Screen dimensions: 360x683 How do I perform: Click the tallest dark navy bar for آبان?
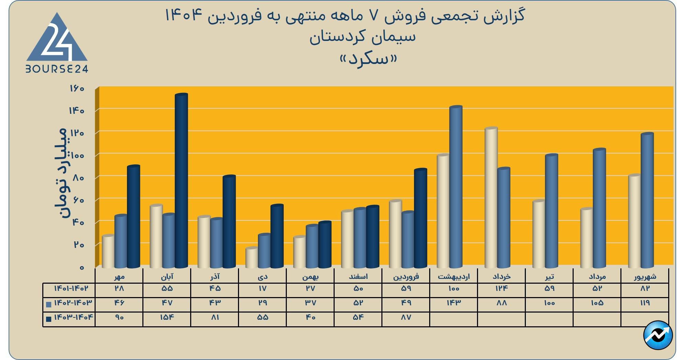181,181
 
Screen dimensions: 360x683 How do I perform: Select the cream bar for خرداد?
491,198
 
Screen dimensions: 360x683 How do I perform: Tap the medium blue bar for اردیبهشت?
456,187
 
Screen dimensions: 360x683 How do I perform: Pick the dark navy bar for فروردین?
420,218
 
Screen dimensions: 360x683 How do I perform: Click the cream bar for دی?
252,258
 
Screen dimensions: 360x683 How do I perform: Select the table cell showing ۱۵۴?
167,317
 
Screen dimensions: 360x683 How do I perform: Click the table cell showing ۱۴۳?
454,303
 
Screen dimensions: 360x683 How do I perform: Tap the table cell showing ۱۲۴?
501,288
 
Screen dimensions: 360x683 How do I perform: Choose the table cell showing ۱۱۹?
645,303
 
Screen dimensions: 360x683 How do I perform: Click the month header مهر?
119,276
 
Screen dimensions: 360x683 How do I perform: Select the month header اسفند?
358,276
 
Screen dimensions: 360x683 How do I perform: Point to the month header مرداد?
597,276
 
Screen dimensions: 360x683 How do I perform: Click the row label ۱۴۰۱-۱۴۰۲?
71,288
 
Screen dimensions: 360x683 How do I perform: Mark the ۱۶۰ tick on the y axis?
77,89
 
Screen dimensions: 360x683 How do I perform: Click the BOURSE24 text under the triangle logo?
57,69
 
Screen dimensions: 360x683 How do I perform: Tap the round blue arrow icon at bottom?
658,335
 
